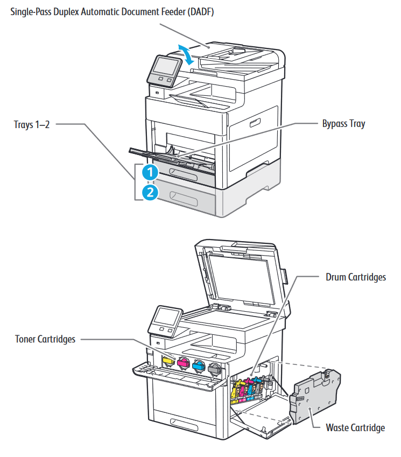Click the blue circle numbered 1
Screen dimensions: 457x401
150,172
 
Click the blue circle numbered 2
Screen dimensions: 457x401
150,192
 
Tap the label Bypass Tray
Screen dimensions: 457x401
343,124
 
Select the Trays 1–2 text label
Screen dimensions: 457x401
32,125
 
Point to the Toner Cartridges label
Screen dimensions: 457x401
46,339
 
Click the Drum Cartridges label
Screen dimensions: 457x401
356,277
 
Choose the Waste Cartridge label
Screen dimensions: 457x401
355,428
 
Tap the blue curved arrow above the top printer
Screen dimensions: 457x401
186,54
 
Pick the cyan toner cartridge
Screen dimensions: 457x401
199,367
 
